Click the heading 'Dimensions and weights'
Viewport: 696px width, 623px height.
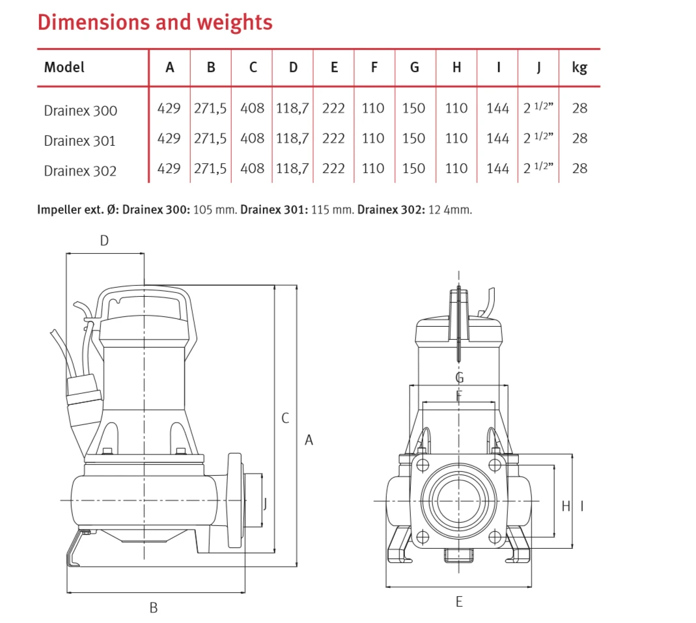pyautogui.click(x=155, y=22)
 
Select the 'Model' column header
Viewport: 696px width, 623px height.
pyautogui.click(x=64, y=67)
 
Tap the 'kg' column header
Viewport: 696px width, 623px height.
pyautogui.click(x=579, y=67)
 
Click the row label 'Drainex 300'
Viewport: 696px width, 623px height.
pyautogui.click(x=81, y=110)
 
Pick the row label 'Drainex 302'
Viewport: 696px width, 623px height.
pyautogui.click(x=81, y=171)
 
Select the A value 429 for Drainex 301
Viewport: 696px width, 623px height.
pyautogui.click(x=169, y=139)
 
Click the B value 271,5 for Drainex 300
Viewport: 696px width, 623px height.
pyautogui.click(x=210, y=108)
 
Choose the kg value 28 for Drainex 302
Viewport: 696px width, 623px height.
pyautogui.click(x=579, y=169)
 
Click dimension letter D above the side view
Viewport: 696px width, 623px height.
pyautogui.click(x=104, y=241)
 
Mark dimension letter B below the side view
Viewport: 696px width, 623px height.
pyautogui.click(x=154, y=608)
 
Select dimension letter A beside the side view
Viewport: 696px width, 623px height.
pyautogui.click(x=309, y=441)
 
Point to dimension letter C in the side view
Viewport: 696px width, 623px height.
pyautogui.click(x=285, y=419)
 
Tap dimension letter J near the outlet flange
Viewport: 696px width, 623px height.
pyautogui.click(x=264, y=503)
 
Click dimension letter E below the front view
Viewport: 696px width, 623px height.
pyautogui.click(x=459, y=602)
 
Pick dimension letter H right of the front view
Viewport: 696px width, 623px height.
pyautogui.click(x=565, y=506)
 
